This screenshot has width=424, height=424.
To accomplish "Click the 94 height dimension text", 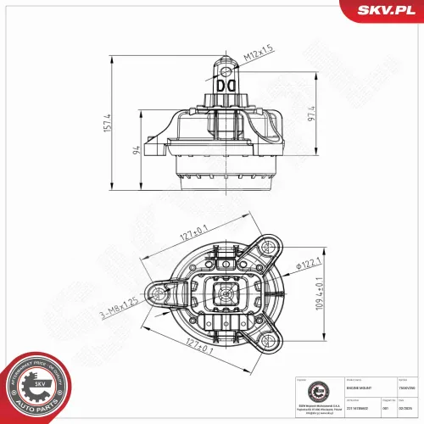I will pyautogui.click(x=137, y=151).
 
